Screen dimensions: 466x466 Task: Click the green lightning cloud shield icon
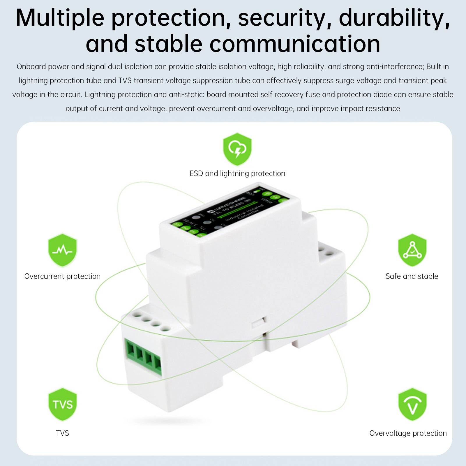click(x=237, y=149)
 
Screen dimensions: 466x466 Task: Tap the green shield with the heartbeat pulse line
click(x=62, y=250)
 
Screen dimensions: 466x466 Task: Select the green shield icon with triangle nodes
click(x=412, y=250)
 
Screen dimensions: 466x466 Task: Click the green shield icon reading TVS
click(x=62, y=404)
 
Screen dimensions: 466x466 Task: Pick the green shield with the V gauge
click(x=412, y=404)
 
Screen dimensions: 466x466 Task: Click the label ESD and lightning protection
click(x=237, y=174)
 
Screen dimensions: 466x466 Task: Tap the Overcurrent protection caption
click(x=62, y=276)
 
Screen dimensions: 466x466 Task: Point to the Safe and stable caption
click(x=412, y=276)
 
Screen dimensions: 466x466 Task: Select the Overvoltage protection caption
click(x=408, y=433)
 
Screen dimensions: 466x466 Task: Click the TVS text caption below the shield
click(x=62, y=433)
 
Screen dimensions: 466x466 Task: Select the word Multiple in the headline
click(x=60, y=18)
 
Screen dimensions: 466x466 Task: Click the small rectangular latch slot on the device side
click(x=258, y=322)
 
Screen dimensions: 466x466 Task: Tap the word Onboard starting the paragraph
click(x=31, y=67)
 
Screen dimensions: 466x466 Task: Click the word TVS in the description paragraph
click(x=125, y=81)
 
